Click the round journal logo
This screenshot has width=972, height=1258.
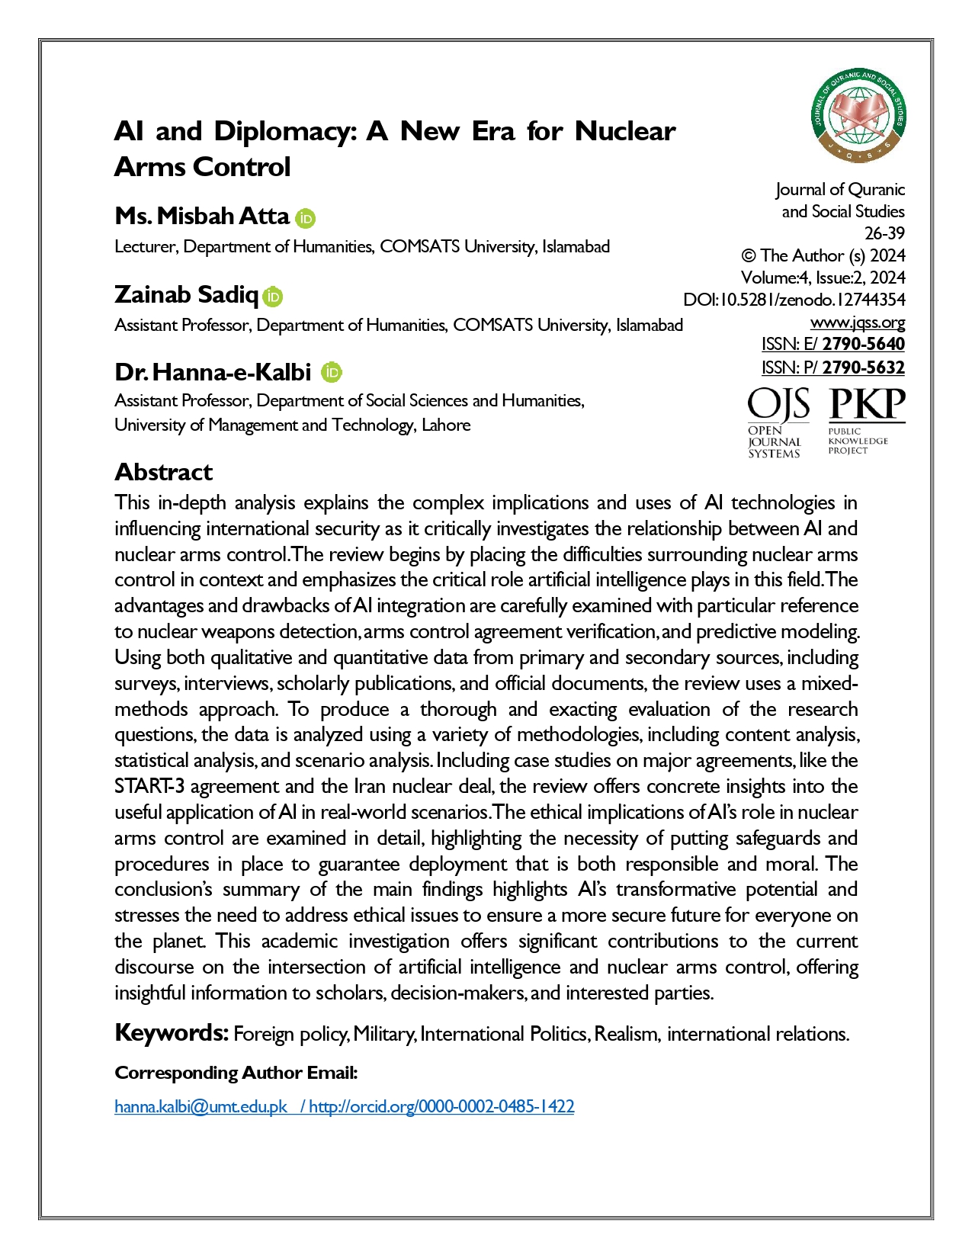click(x=858, y=116)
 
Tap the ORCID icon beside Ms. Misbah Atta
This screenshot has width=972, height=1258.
click(x=306, y=218)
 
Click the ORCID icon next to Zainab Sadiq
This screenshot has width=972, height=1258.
click(x=273, y=297)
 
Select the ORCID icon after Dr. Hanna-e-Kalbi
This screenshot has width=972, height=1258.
click(x=332, y=372)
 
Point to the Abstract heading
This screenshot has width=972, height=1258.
click(x=164, y=472)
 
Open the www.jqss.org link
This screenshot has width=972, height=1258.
click(x=858, y=322)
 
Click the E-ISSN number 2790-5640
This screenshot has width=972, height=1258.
click(x=863, y=344)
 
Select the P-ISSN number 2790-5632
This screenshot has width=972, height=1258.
click(x=863, y=367)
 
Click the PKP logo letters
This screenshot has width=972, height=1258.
click(x=867, y=404)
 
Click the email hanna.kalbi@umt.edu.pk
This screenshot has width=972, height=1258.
click(x=200, y=1106)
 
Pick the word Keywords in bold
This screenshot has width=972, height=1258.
click(x=172, y=1033)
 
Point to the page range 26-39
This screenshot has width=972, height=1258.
click(x=884, y=233)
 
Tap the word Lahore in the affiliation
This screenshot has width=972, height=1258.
click(x=446, y=425)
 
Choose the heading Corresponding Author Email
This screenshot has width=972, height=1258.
click(x=236, y=1073)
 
